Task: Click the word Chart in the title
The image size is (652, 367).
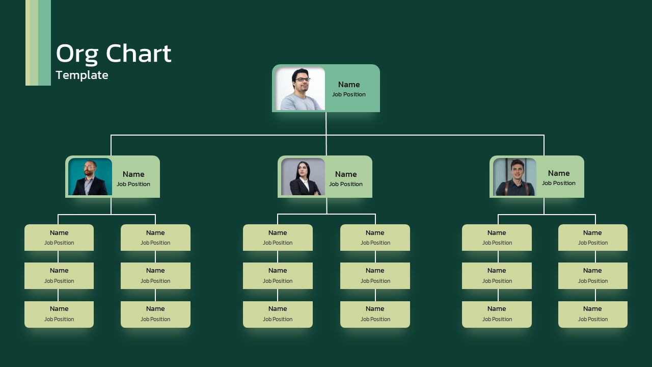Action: coord(139,53)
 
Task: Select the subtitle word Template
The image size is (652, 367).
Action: coord(82,75)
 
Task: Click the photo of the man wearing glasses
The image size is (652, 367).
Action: coord(300,89)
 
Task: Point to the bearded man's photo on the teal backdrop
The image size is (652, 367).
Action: coord(90,176)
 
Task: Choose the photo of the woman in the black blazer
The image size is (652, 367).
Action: coord(303,176)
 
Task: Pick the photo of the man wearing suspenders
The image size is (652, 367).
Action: coord(514,176)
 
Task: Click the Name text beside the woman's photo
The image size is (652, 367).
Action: coord(346,174)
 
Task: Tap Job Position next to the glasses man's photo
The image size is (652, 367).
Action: coord(349,94)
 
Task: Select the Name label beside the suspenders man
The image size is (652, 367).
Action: coord(559,173)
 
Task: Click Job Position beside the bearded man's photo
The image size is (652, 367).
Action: coord(133,184)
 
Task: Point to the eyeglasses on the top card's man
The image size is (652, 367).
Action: coord(303,79)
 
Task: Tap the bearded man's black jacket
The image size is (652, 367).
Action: coord(90,187)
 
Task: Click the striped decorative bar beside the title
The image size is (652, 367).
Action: coord(38,43)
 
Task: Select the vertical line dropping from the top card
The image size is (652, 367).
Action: coord(326,123)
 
